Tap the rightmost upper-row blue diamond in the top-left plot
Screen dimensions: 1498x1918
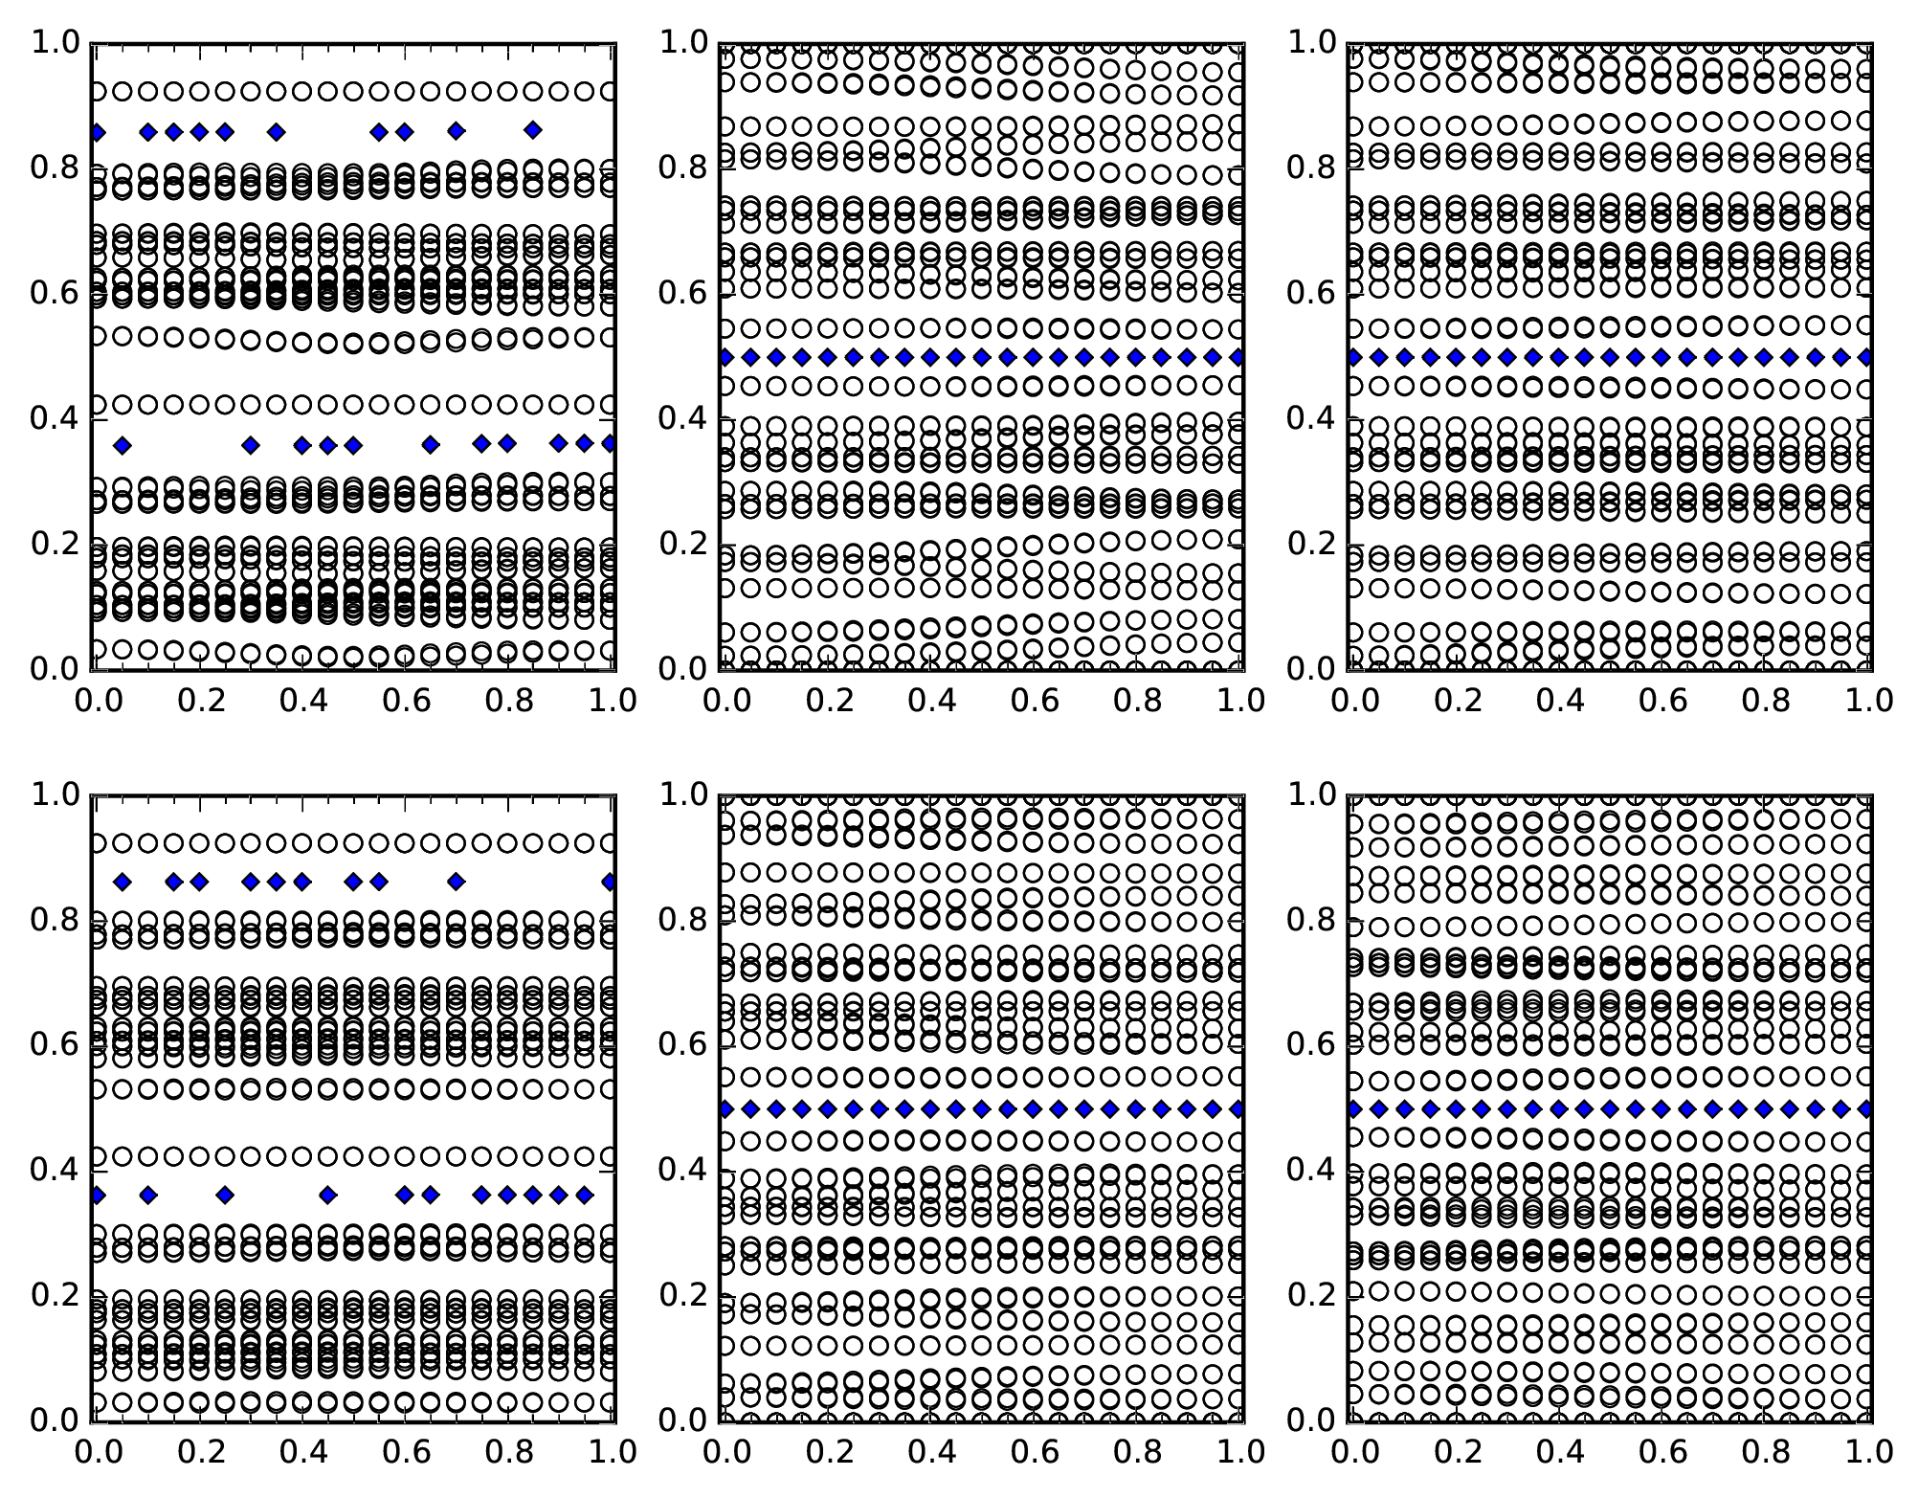point(533,130)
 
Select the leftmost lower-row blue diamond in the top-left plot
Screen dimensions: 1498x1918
point(122,445)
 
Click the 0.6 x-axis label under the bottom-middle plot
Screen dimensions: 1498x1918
point(1035,1452)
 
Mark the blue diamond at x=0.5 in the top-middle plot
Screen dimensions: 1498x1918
point(981,358)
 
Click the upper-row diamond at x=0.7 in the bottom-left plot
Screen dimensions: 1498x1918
point(457,882)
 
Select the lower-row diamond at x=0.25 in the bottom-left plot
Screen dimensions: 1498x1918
point(225,1195)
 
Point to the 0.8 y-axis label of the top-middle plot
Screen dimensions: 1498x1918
point(681,168)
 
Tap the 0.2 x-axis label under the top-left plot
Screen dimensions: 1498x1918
point(199,701)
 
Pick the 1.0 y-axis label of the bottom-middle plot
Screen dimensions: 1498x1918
point(681,794)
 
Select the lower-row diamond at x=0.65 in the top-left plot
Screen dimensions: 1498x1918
point(431,444)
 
